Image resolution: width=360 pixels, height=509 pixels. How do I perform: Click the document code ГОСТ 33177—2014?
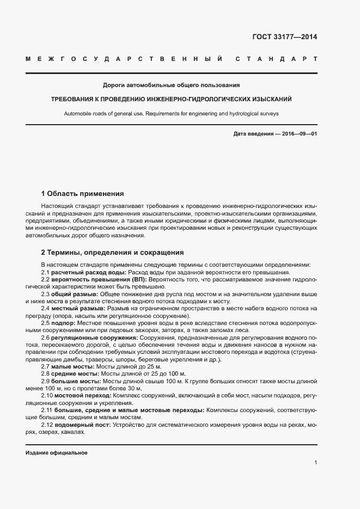[x=284, y=38]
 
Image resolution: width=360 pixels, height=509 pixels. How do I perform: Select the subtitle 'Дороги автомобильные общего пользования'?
[x=171, y=85]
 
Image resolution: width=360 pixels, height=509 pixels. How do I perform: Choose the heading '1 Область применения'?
[x=83, y=194]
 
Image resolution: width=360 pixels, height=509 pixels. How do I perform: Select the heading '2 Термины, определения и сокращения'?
[x=113, y=253]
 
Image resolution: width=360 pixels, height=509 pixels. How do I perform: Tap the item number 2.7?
[x=46, y=367]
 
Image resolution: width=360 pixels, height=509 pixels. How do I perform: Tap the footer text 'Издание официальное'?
[x=56, y=453]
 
